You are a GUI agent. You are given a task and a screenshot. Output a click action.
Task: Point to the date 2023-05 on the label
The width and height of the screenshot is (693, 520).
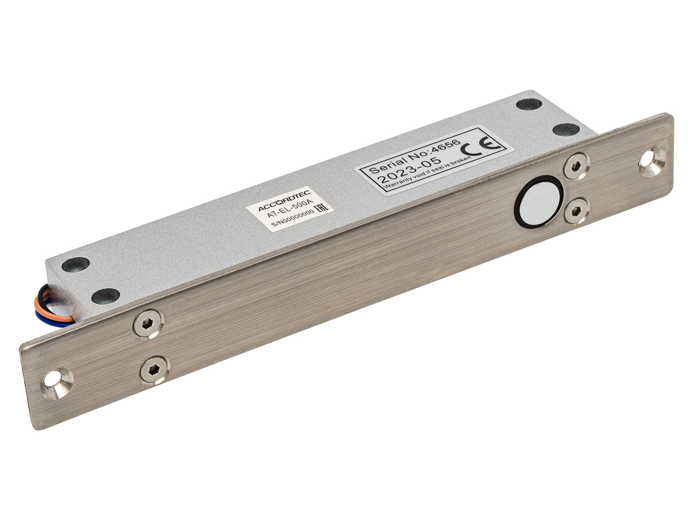pos(409,170)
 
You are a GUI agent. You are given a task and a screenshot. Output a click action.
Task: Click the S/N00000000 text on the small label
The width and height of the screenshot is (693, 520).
pos(292,218)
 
